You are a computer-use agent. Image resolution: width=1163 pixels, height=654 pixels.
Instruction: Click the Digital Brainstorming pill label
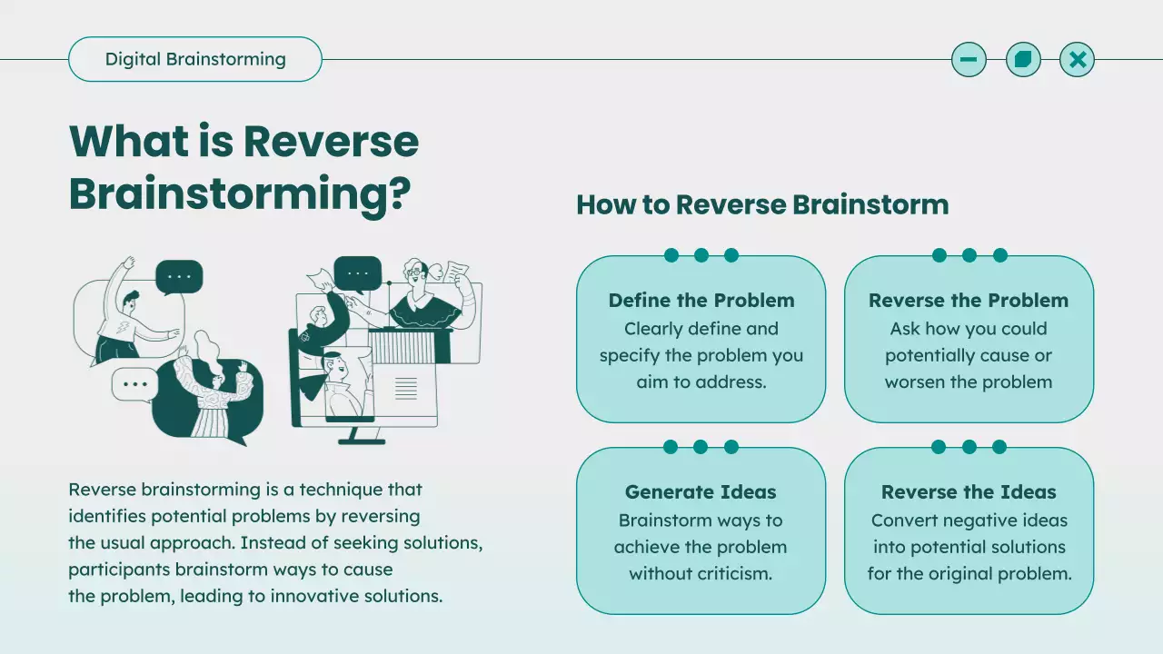[x=195, y=60]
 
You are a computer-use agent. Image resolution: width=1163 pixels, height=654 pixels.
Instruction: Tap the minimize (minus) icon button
[x=969, y=60]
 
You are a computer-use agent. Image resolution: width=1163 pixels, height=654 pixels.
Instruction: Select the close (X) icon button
[x=1078, y=60]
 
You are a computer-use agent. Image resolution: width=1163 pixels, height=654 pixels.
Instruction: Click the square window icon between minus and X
[x=1023, y=60]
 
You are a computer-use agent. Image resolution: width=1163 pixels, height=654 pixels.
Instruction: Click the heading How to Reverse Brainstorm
[x=762, y=204]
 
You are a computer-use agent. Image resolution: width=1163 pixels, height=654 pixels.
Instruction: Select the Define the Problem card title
[x=701, y=301]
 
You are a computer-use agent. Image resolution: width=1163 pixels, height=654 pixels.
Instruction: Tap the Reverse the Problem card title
[x=969, y=301]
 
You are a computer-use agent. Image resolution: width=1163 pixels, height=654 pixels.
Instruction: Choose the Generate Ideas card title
[x=701, y=492]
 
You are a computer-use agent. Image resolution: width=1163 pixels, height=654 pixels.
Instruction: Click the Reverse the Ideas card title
[x=969, y=492]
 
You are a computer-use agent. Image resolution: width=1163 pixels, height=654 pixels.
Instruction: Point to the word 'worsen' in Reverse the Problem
[x=917, y=382]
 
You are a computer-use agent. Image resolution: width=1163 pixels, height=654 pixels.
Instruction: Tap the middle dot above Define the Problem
[x=701, y=255]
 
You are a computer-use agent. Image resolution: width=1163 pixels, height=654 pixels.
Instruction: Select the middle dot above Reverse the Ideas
[x=969, y=447]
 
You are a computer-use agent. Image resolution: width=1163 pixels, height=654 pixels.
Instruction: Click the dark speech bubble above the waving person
[x=179, y=277]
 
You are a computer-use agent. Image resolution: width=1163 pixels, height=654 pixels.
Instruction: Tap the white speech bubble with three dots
[x=134, y=384]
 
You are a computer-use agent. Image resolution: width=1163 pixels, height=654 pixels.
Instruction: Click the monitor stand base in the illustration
[x=363, y=439]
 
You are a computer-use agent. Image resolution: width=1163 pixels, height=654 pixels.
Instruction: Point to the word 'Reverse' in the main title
[x=331, y=142]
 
